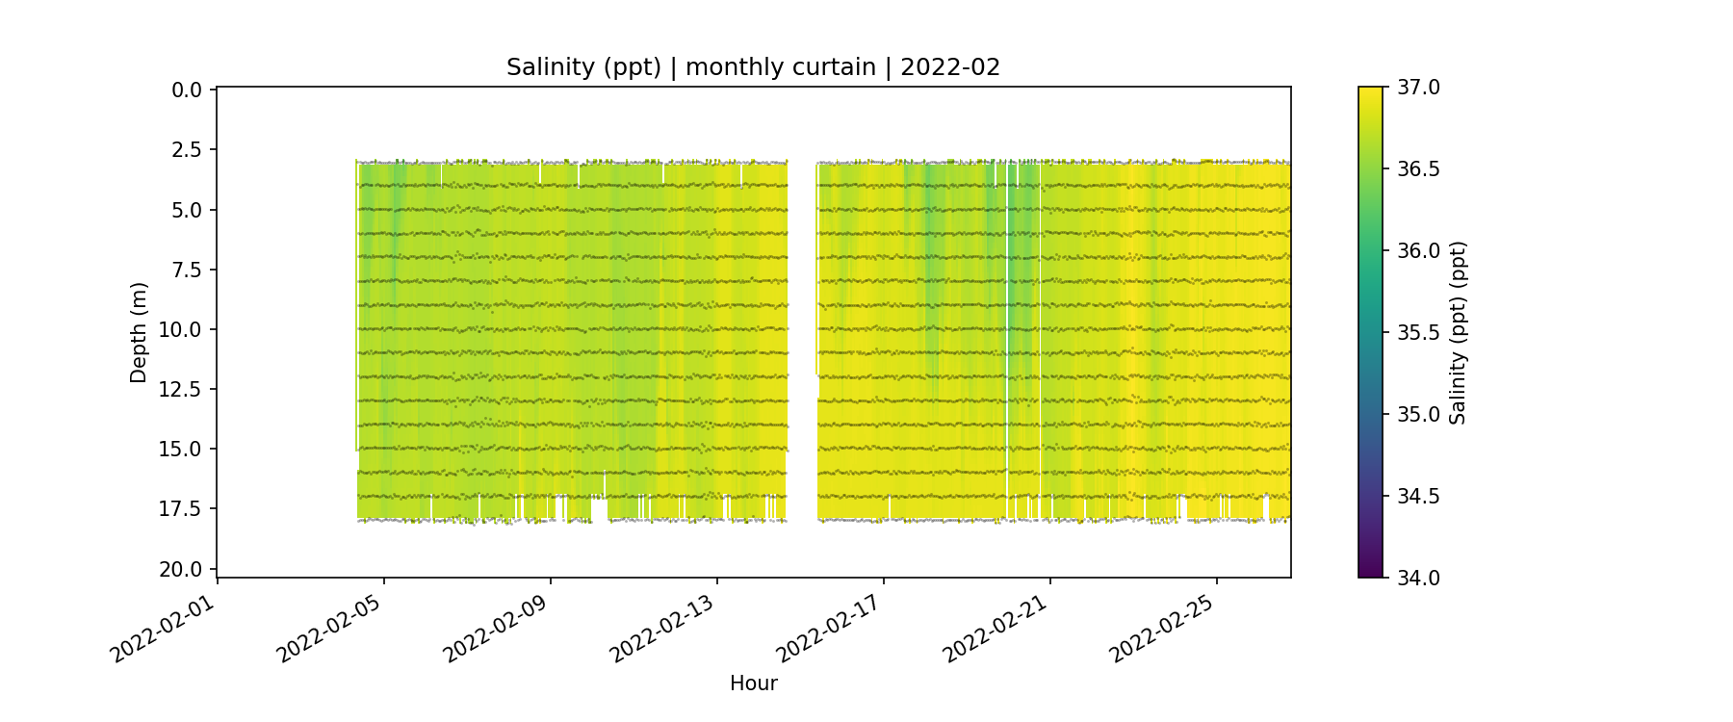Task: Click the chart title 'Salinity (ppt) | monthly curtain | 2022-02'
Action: (753, 67)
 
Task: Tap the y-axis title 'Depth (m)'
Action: (139, 332)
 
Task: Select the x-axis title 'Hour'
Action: (753, 683)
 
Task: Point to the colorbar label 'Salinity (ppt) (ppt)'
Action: (1458, 332)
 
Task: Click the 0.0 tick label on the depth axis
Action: (187, 90)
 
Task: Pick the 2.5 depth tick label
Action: (187, 150)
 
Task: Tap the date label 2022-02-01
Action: (164, 626)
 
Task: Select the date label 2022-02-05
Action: (330, 626)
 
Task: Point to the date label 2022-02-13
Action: (663, 626)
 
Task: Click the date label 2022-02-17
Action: (830, 626)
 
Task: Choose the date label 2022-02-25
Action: (1163, 626)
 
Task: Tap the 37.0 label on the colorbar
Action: (1418, 88)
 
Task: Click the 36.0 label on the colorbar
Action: (1418, 251)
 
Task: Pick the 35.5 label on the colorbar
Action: (1418, 333)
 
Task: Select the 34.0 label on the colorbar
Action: (1418, 578)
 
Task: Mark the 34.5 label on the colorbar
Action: (1418, 497)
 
